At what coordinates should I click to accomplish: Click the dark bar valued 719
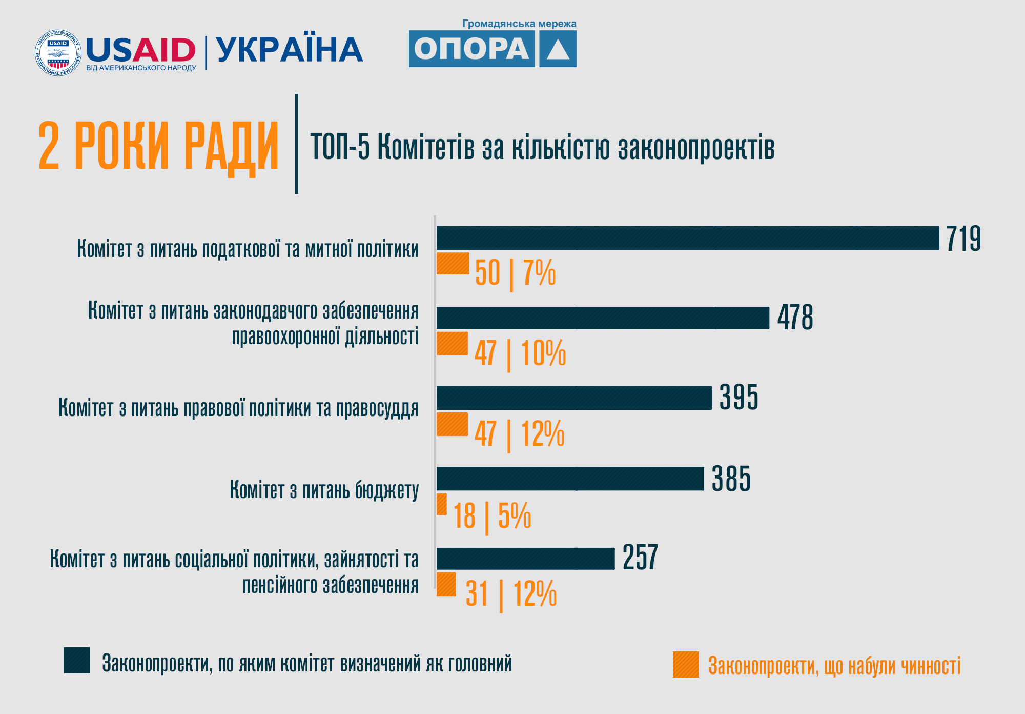(687, 238)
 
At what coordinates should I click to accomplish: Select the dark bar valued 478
(603, 318)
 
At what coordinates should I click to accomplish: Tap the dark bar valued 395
(574, 398)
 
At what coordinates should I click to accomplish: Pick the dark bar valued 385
(570, 479)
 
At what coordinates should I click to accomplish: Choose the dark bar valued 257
(525, 559)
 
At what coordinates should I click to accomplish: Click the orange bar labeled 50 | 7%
(453, 264)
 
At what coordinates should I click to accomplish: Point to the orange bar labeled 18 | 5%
(441, 504)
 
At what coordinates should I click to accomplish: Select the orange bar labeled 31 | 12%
(446, 584)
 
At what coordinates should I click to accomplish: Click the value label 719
(963, 239)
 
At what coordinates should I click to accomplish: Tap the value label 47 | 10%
(520, 353)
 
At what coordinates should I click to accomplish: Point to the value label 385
(731, 479)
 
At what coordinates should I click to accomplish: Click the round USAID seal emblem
(58, 52)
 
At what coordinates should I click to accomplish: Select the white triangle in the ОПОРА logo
(558, 50)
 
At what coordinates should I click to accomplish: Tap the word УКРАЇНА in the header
(290, 50)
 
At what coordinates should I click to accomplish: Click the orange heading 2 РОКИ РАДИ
(158, 146)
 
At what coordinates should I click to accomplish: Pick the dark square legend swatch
(76, 660)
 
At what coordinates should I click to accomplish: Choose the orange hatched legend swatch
(686, 664)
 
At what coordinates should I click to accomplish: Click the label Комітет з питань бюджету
(324, 490)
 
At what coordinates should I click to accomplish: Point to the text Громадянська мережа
(519, 24)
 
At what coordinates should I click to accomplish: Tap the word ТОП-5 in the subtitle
(340, 147)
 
